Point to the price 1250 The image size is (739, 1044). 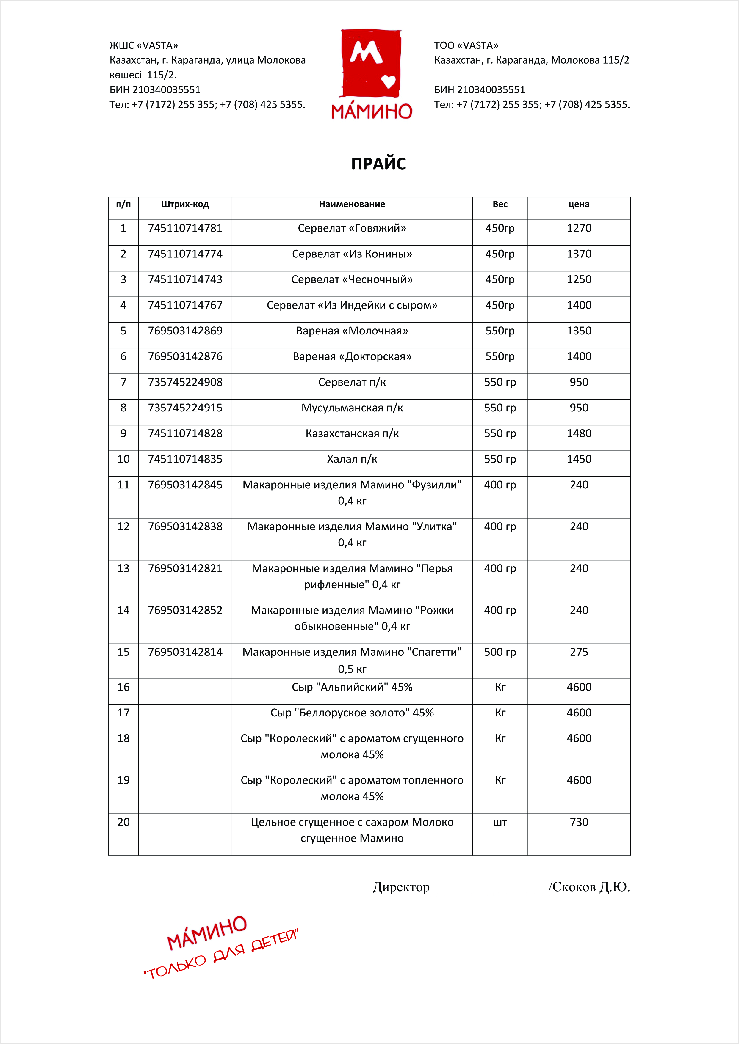[579, 280]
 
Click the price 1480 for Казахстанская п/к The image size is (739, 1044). [579, 433]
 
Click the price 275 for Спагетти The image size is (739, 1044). [579, 652]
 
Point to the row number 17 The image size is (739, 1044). [123, 713]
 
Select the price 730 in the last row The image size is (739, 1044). [579, 822]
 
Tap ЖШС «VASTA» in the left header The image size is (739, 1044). [144, 45]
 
